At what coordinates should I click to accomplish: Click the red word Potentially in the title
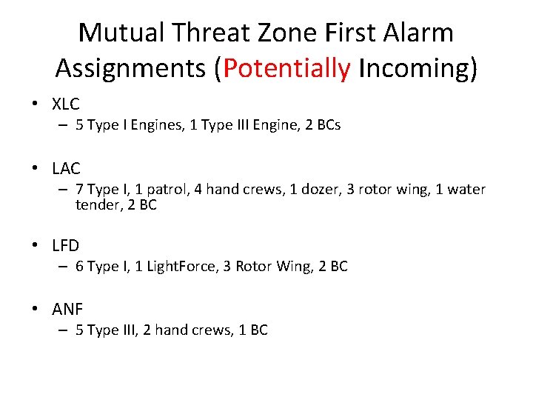286,68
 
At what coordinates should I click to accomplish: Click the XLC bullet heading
66,104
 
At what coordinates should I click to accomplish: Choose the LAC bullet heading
66,169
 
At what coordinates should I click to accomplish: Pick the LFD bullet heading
65,245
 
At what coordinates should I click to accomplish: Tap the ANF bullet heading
67,310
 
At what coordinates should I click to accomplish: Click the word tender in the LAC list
95,205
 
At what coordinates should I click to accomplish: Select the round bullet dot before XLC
35,105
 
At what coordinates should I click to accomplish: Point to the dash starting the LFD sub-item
64,266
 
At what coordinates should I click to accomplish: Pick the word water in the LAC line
467,190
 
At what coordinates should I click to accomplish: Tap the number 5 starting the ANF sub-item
79,330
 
